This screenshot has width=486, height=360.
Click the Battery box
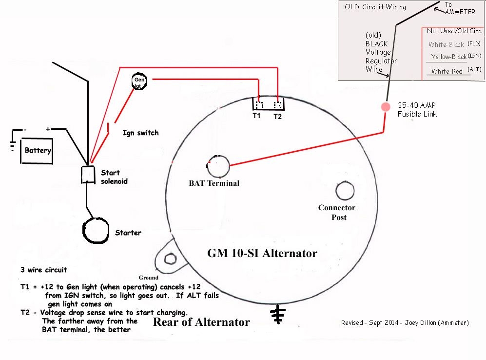click(x=38, y=151)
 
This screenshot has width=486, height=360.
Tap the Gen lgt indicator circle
click(x=139, y=81)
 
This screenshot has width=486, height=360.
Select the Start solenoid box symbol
click(x=88, y=174)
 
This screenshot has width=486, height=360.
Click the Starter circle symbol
click(x=97, y=230)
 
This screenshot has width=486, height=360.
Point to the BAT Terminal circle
click(x=217, y=166)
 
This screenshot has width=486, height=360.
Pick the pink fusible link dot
click(x=386, y=107)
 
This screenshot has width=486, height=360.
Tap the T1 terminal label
click(x=256, y=116)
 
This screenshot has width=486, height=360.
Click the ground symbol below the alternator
click(x=278, y=315)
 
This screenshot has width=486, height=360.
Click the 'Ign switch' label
click(x=140, y=133)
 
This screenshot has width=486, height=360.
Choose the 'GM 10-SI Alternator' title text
click(x=262, y=253)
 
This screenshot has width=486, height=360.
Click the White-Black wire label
click(x=446, y=45)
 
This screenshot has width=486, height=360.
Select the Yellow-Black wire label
click(x=448, y=57)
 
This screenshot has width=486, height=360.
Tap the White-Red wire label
click(x=447, y=71)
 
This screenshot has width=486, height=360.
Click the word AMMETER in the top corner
click(x=459, y=12)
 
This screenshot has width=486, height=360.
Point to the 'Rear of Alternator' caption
click(x=201, y=322)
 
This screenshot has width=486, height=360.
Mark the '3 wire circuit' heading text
click(x=43, y=270)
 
